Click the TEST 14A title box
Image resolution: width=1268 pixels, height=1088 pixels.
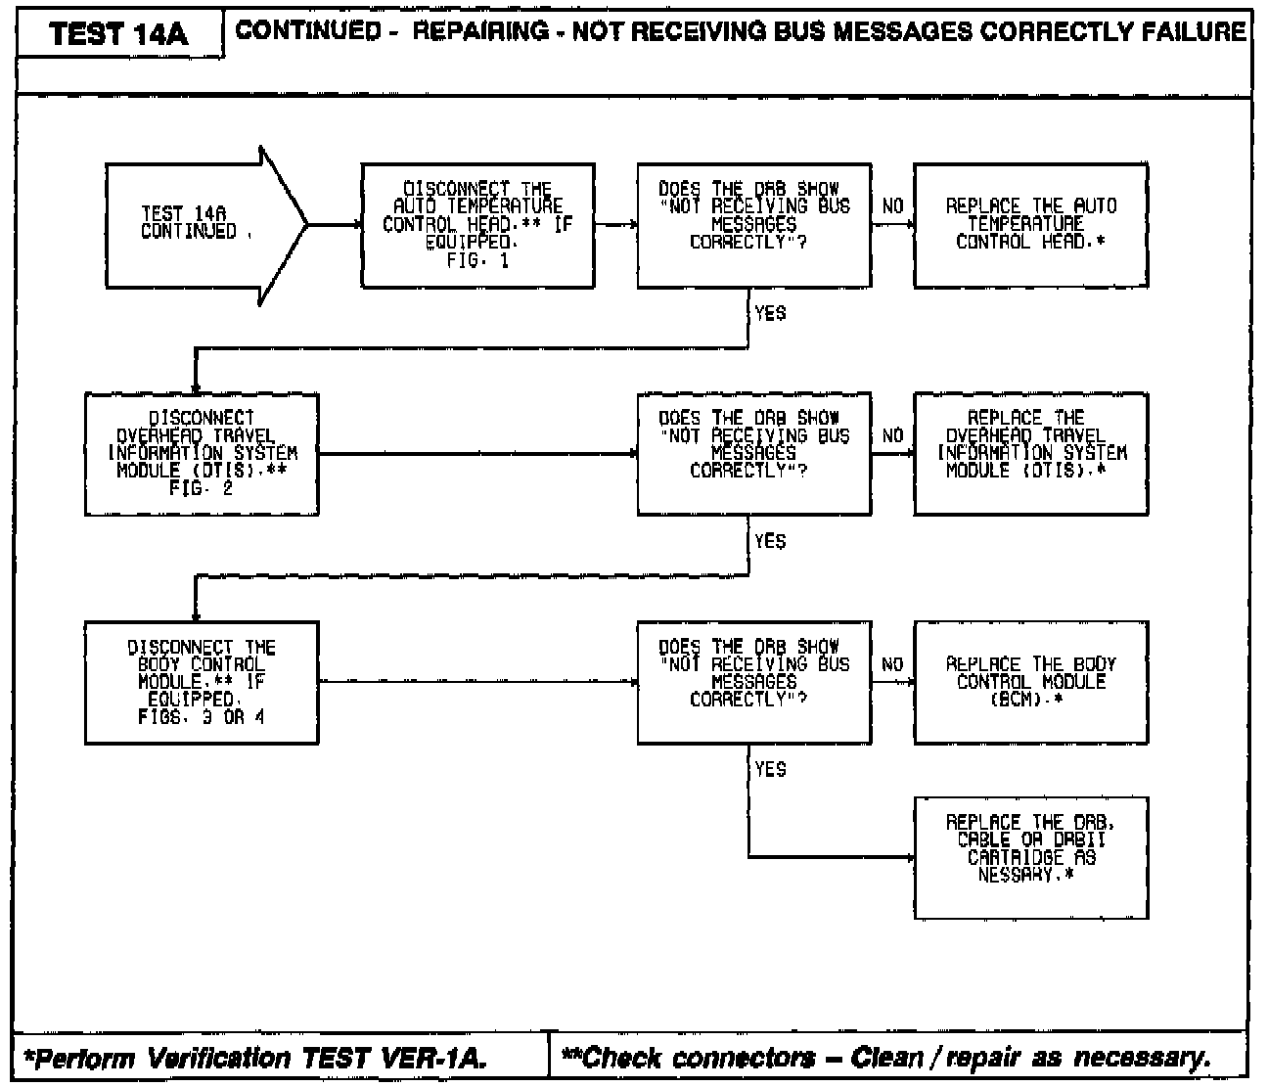click(x=118, y=35)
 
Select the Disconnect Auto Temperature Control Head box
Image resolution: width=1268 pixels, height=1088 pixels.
click(x=477, y=225)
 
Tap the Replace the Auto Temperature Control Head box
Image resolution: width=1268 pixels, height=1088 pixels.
click(x=1030, y=225)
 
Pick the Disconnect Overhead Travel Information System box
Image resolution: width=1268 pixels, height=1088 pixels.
click(x=202, y=453)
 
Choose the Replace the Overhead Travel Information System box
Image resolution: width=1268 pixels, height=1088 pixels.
click(x=1030, y=453)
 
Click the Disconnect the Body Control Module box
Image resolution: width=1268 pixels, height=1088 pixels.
click(x=202, y=682)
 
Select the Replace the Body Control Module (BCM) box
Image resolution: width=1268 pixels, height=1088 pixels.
click(x=1030, y=682)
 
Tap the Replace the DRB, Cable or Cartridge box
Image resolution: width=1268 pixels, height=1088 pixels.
click(x=1030, y=857)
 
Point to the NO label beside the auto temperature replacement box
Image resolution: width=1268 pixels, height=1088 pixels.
click(x=892, y=206)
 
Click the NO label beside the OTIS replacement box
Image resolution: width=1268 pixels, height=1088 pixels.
click(x=892, y=435)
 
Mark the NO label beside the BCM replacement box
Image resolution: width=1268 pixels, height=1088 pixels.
click(x=892, y=664)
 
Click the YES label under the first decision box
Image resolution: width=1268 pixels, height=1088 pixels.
click(x=770, y=314)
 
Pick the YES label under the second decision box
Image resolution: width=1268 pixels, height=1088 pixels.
click(x=770, y=542)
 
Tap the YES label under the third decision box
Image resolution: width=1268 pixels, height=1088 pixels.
click(x=770, y=770)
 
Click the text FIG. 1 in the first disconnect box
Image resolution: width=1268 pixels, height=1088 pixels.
click(x=477, y=261)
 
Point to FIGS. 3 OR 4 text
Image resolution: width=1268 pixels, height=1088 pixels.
click(x=202, y=717)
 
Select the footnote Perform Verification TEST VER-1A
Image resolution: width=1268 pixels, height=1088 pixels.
click(x=254, y=1058)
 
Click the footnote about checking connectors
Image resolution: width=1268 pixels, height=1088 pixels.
click(x=886, y=1058)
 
